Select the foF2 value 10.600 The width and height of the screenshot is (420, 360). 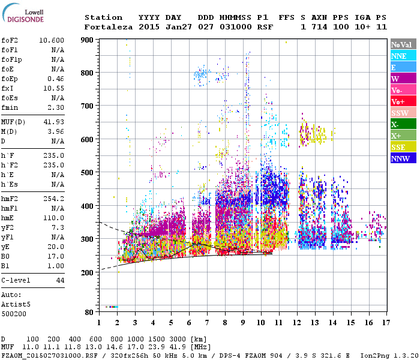[52, 41]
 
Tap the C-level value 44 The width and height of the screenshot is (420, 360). [59, 280]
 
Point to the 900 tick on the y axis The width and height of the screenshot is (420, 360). [88, 40]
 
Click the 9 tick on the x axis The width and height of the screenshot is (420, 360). [242, 322]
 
